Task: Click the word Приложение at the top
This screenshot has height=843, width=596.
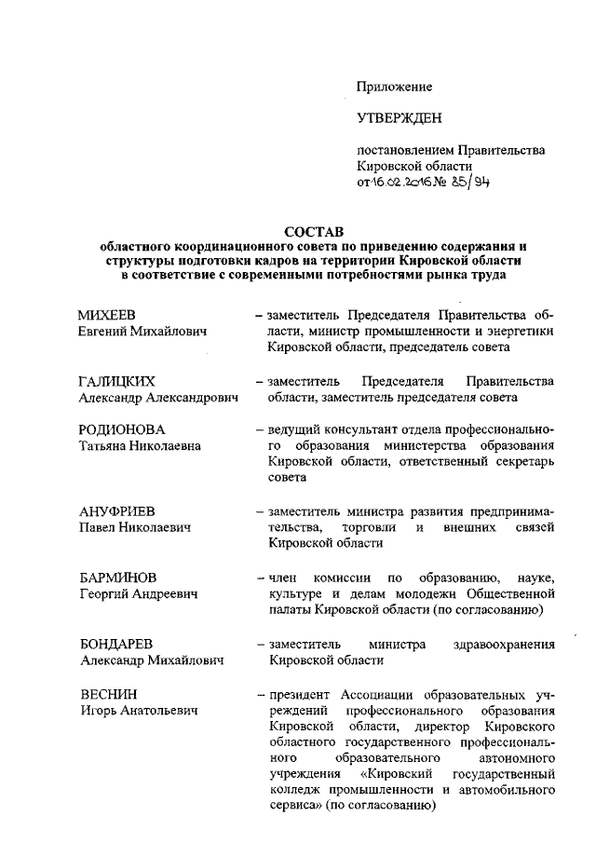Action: coord(395,87)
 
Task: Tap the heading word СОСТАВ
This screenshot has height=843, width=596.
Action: coord(313,232)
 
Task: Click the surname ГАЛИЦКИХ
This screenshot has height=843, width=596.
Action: coord(116,382)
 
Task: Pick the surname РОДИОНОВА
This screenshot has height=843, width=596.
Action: coord(122,430)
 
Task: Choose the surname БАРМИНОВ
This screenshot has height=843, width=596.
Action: coord(117,578)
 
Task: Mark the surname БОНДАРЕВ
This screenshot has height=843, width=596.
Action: coord(115,645)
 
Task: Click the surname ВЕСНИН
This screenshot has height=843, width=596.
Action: coord(108,695)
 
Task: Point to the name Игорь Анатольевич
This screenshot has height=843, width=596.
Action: coord(140,711)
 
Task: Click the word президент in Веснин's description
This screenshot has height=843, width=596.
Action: coord(299,695)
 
